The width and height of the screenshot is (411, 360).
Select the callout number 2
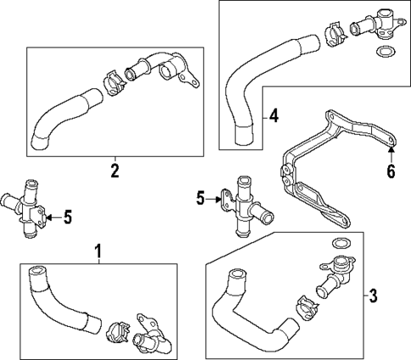114,171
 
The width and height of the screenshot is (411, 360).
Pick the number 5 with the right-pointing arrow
201,199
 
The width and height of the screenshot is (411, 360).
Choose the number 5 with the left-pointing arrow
68,218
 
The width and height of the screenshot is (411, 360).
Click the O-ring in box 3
339,246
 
